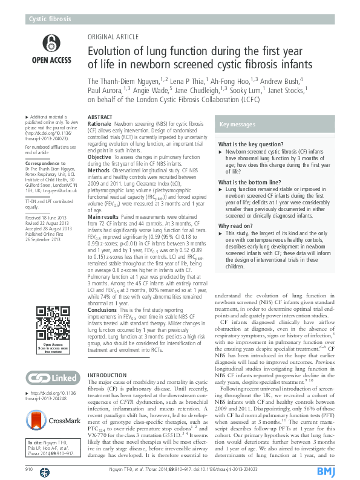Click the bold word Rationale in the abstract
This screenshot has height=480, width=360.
click(x=100, y=122)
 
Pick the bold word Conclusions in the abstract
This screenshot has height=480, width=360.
click(x=102, y=309)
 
